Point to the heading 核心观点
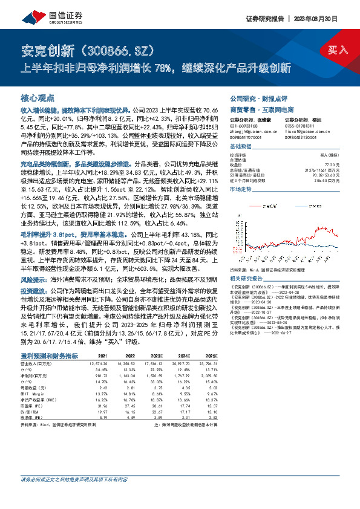coord(38,98)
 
